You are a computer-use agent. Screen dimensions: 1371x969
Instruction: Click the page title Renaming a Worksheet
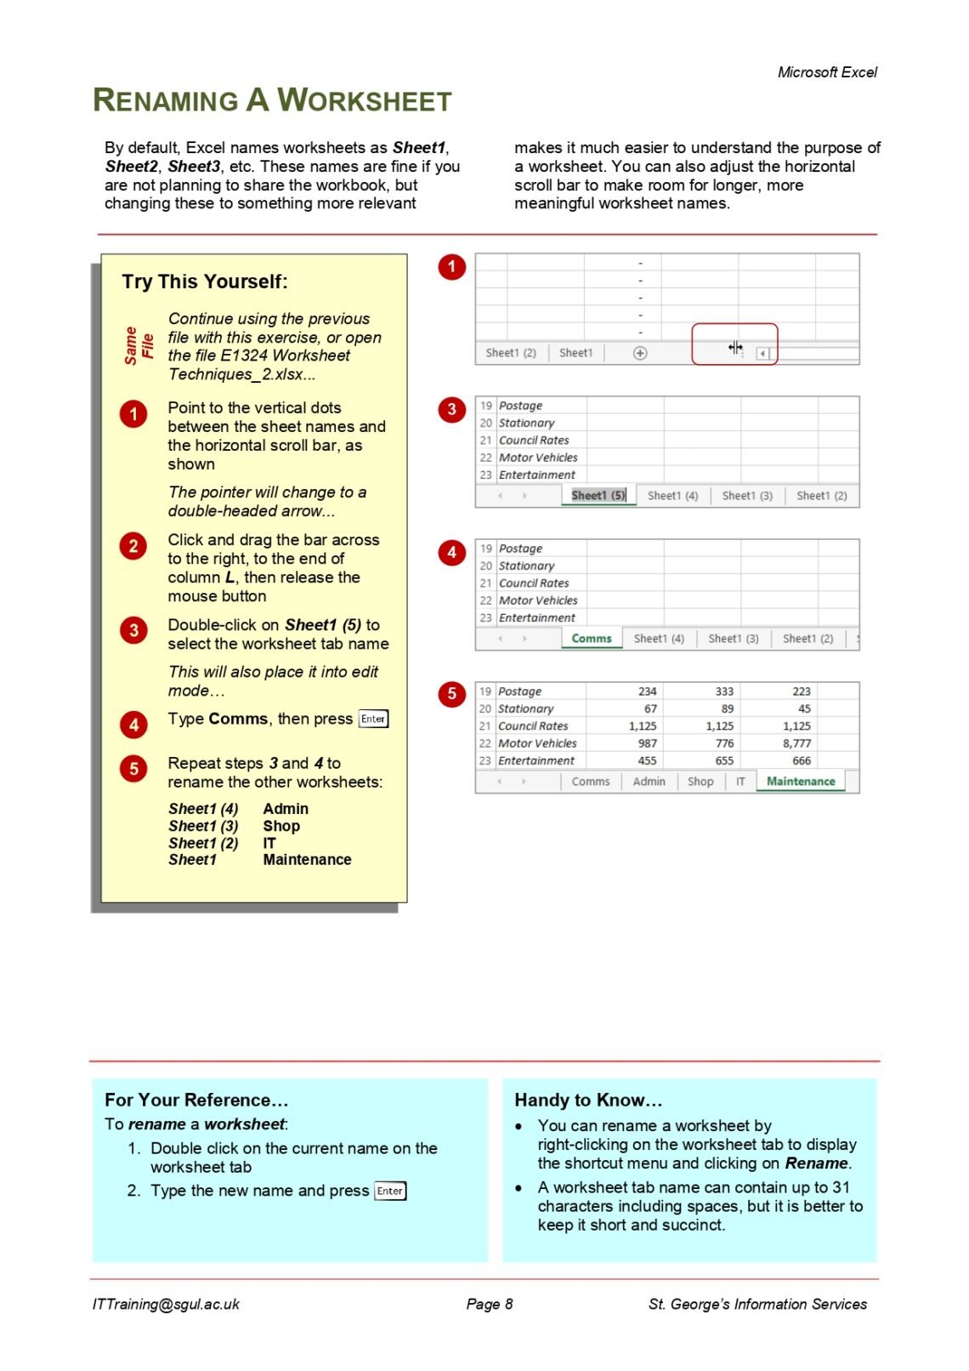[x=271, y=100]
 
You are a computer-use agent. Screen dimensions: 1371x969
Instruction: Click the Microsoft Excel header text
[x=826, y=72]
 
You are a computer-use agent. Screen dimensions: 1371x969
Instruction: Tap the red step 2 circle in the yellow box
[x=133, y=546]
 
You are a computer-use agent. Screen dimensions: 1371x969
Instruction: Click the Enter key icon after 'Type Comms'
[x=373, y=719]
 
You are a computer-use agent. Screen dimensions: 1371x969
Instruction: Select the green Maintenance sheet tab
[x=800, y=781]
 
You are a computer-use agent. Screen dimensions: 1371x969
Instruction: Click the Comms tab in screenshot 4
[x=592, y=638]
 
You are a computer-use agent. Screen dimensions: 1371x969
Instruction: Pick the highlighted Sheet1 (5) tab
[x=598, y=495]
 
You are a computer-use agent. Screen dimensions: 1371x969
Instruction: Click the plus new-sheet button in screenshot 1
[x=640, y=353]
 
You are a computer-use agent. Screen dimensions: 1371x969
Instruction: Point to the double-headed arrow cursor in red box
[x=735, y=347]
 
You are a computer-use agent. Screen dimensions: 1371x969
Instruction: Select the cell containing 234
[x=647, y=691]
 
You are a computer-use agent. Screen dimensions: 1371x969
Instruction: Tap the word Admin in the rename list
[x=286, y=809]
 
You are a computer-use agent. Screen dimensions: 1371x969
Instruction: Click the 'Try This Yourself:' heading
[x=204, y=282]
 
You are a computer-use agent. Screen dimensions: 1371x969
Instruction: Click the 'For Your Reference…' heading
[x=196, y=1100]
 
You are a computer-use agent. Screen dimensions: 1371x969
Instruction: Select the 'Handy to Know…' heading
[x=588, y=1100]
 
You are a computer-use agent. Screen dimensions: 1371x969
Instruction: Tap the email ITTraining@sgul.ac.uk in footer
[x=166, y=1304]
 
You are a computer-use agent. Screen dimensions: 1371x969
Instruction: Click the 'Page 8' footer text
[x=490, y=1304]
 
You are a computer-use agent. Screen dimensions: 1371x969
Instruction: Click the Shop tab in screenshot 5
[x=700, y=781]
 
